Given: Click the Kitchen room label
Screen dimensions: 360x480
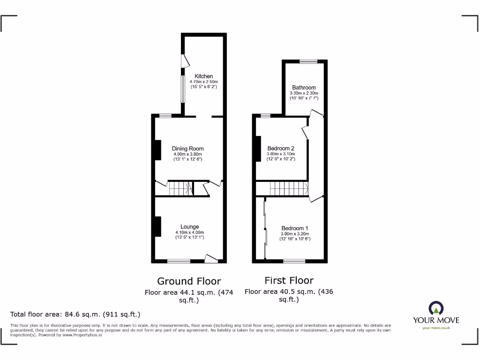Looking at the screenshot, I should tap(204, 76).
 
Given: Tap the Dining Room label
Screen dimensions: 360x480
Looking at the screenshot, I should tap(187, 149).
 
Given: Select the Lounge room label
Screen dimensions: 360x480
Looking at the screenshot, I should tap(189, 227).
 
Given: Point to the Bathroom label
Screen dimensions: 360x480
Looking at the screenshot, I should tap(304, 87).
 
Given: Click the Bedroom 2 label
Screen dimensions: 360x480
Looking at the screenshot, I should tap(281, 148).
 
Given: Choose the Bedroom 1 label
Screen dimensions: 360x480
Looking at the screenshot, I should tap(295, 228).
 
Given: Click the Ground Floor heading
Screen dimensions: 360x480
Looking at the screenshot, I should tap(189, 281).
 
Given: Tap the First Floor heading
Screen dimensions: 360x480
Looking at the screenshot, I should tap(289, 281).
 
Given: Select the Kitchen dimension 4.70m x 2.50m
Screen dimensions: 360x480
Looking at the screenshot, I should tap(204, 82).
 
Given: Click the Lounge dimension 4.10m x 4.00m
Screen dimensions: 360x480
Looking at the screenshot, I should tap(189, 232).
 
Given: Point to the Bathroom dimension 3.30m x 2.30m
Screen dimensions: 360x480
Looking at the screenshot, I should tap(304, 93).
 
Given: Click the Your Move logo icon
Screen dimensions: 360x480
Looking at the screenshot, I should tap(436, 308).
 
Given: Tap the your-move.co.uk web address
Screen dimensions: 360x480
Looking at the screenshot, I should tap(436, 328).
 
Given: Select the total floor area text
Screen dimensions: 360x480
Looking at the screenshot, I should tap(75, 315).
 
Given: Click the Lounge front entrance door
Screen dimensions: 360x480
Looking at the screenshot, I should tap(211, 258).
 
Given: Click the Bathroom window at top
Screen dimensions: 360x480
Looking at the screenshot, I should tap(308, 61).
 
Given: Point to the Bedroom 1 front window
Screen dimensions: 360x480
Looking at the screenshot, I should tap(294, 261).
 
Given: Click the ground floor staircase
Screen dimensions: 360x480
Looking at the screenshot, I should tap(180, 188).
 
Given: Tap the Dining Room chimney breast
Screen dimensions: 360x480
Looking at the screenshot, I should tap(158, 150).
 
